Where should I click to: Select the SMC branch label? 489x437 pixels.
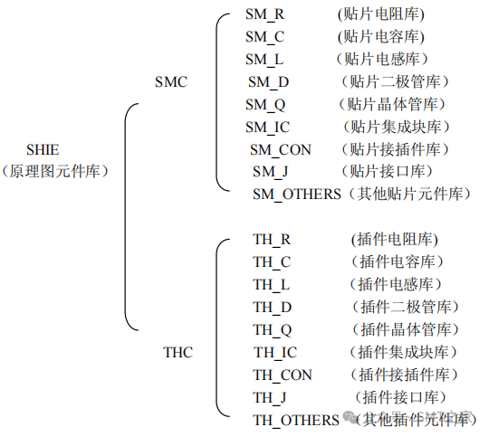tap(171, 81)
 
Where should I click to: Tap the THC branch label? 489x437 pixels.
tap(177, 352)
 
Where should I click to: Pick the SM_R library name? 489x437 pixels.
tap(267, 14)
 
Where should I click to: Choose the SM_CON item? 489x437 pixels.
tap(282, 149)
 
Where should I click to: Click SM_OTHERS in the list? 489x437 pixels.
tap(296, 194)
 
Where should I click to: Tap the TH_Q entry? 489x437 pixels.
tap(273, 329)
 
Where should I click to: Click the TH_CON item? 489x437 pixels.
tap(283, 375)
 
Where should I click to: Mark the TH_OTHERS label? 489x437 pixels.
tap(295, 420)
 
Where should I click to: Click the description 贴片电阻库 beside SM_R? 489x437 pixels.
tap(380, 14)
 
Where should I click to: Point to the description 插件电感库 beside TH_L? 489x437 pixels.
tap(394, 284)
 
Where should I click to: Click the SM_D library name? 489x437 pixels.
tap(269, 81)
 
